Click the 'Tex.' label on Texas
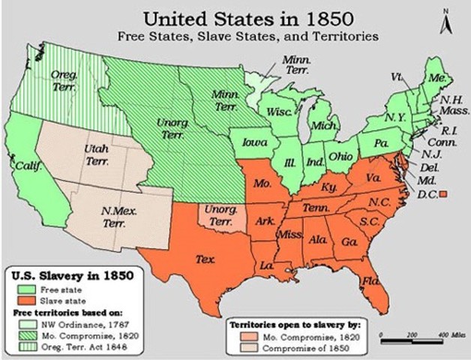[205, 259]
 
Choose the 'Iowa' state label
[254, 142]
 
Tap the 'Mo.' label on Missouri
[261, 182]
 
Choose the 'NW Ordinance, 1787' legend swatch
[26, 324]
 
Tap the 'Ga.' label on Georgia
[346, 243]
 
